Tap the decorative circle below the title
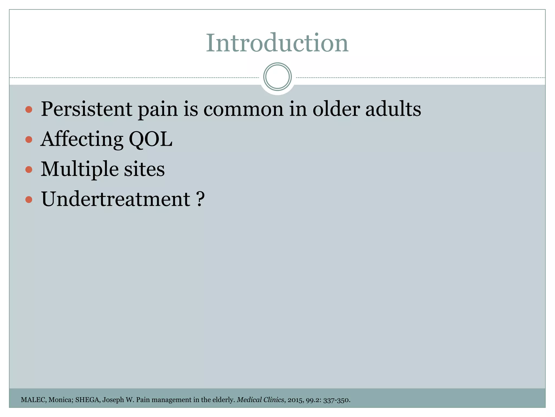tap(277, 77)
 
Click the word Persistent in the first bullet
tap(86, 109)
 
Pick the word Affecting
tap(82, 140)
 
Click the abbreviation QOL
tap(151, 140)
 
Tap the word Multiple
tap(79, 169)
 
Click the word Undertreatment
tap(115, 199)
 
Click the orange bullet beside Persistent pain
tap(28, 110)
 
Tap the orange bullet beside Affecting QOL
tap(28, 140)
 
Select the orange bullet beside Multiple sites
tap(28, 170)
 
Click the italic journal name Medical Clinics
tap(260, 400)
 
